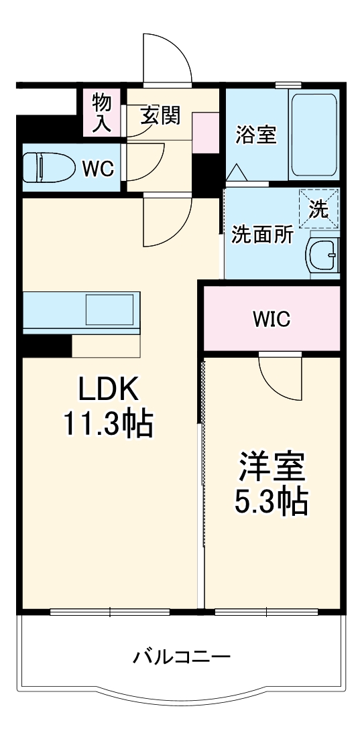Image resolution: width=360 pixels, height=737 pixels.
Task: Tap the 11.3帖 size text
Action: point(109,423)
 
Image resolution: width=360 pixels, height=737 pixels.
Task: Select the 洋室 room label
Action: point(272,467)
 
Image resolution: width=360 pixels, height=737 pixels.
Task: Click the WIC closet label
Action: point(272,320)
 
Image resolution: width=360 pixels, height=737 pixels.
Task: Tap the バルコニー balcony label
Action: point(181,657)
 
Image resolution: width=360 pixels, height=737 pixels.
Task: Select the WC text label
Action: point(97,167)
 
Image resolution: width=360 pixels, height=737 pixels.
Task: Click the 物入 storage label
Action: point(102,113)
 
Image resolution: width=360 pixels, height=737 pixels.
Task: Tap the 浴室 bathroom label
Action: point(255,134)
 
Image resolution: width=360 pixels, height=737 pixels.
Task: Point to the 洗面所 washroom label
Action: point(262,235)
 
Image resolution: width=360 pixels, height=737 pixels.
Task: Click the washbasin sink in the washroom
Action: point(324,255)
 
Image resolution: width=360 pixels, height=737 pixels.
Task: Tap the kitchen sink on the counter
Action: point(109,310)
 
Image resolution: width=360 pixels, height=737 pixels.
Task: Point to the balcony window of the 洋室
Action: point(267,612)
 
